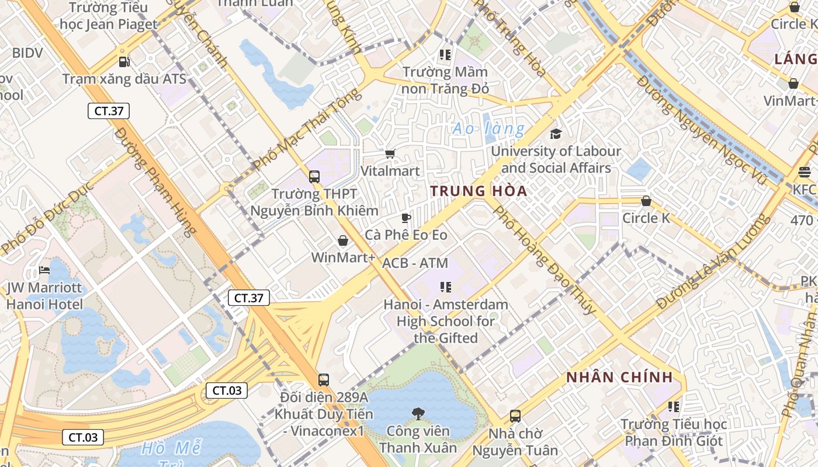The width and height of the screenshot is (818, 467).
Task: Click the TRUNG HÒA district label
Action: tap(479, 191)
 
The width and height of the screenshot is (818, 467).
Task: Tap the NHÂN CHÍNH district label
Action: tap(619, 377)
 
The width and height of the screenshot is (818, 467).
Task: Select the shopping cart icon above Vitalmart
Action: tap(390, 154)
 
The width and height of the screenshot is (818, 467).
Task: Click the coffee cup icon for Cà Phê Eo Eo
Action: tap(406, 218)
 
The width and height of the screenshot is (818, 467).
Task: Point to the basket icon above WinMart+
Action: tap(343, 241)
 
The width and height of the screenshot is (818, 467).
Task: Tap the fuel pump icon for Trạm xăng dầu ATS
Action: tap(124, 61)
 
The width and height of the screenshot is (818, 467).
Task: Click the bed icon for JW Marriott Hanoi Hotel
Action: tap(44, 270)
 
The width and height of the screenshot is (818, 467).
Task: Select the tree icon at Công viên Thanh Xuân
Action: tap(418, 414)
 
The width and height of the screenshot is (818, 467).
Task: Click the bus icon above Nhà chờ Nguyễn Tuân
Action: tap(515, 416)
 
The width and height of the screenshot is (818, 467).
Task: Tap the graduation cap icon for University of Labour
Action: tap(556, 134)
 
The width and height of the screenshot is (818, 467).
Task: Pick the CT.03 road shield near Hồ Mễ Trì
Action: tap(83, 437)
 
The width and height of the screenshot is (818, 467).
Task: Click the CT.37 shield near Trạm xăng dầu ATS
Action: tap(109, 111)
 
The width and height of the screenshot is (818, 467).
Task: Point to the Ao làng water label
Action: tap(488, 128)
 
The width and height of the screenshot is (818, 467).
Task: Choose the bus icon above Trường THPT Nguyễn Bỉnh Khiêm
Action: tap(314, 176)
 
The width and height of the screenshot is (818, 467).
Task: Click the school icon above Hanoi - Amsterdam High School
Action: tap(446, 287)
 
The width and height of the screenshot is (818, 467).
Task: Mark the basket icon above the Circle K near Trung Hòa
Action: tap(646, 201)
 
